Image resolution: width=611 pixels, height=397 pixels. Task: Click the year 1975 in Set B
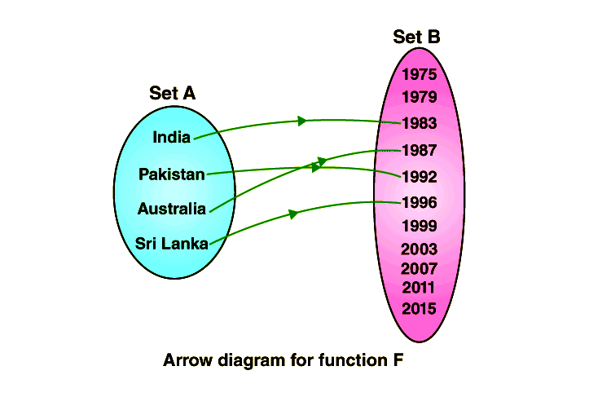(420, 74)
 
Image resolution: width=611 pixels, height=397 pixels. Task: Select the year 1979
(420, 97)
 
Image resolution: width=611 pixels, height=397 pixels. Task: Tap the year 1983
(420, 124)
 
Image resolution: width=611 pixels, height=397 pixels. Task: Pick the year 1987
(420, 150)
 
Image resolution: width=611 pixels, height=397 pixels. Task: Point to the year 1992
(420, 176)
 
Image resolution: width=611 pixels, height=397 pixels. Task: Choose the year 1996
(420, 202)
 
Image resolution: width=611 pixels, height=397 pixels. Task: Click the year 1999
(420, 226)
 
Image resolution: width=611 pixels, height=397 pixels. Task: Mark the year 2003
(420, 249)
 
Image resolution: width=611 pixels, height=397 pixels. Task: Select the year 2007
(420, 268)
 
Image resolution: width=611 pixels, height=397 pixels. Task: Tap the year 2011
(420, 287)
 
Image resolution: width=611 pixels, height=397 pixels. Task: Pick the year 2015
(420, 309)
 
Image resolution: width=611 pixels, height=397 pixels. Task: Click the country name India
(172, 137)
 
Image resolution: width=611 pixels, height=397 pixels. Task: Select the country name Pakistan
(171, 174)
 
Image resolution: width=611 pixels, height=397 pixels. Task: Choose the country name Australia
(171, 209)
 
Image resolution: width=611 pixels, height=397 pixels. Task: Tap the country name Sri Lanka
(171, 242)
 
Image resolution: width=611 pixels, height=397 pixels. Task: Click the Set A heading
(172, 93)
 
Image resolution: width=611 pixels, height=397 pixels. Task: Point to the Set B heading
(416, 37)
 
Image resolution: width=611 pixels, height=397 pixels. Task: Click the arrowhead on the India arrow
(302, 121)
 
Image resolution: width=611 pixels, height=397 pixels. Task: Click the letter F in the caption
(398, 360)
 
